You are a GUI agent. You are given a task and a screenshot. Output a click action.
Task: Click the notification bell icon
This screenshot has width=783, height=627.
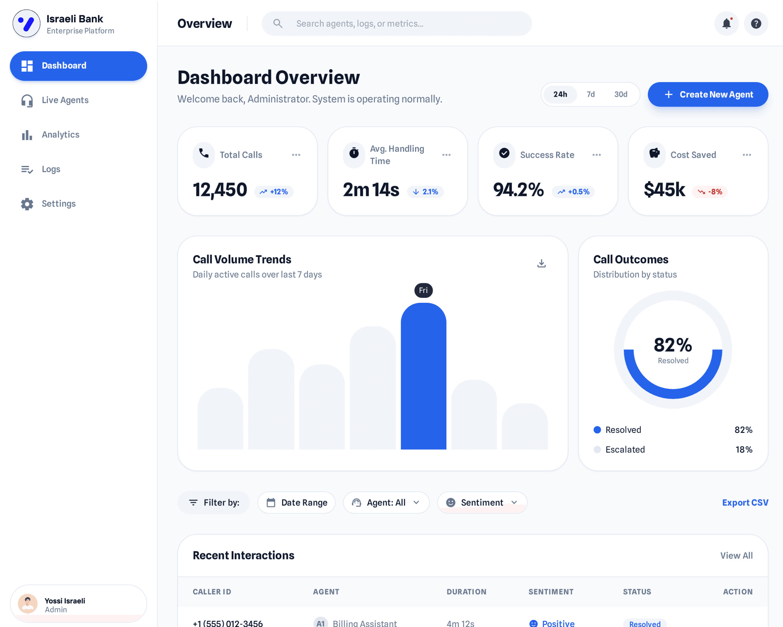[x=726, y=24]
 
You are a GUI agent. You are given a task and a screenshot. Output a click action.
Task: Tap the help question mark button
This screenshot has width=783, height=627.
[x=756, y=24]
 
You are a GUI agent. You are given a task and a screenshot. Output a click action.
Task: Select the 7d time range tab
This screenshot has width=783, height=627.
[x=591, y=95]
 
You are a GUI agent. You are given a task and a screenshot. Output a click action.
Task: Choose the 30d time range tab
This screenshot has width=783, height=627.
[x=621, y=95]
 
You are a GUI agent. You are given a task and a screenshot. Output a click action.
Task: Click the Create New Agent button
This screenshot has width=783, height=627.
[x=708, y=95]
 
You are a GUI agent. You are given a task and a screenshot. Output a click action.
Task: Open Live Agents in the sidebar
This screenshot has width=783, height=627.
[x=65, y=100]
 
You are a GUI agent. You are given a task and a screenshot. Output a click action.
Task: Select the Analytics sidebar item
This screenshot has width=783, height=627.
[x=60, y=134]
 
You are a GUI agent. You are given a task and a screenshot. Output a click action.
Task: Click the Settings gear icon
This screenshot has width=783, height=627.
[x=27, y=204]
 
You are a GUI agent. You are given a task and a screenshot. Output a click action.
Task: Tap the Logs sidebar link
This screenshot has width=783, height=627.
[x=51, y=169]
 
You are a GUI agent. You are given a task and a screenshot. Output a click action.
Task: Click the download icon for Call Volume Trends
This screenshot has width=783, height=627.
[x=541, y=263]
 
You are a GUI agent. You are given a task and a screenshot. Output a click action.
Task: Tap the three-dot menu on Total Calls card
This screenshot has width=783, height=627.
[x=296, y=155]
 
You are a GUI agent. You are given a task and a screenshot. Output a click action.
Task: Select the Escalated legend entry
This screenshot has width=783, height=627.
[x=625, y=450]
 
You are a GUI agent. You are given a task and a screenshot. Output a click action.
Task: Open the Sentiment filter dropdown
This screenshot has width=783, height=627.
[x=482, y=503]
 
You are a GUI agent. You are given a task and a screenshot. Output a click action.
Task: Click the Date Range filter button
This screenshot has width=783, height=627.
[x=296, y=503]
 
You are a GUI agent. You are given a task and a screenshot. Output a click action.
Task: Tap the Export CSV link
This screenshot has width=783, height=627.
[x=745, y=503]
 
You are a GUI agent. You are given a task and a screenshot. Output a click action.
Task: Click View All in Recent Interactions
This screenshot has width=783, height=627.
[x=736, y=555]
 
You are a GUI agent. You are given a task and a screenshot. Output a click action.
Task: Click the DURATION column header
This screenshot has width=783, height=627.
[x=466, y=592]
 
